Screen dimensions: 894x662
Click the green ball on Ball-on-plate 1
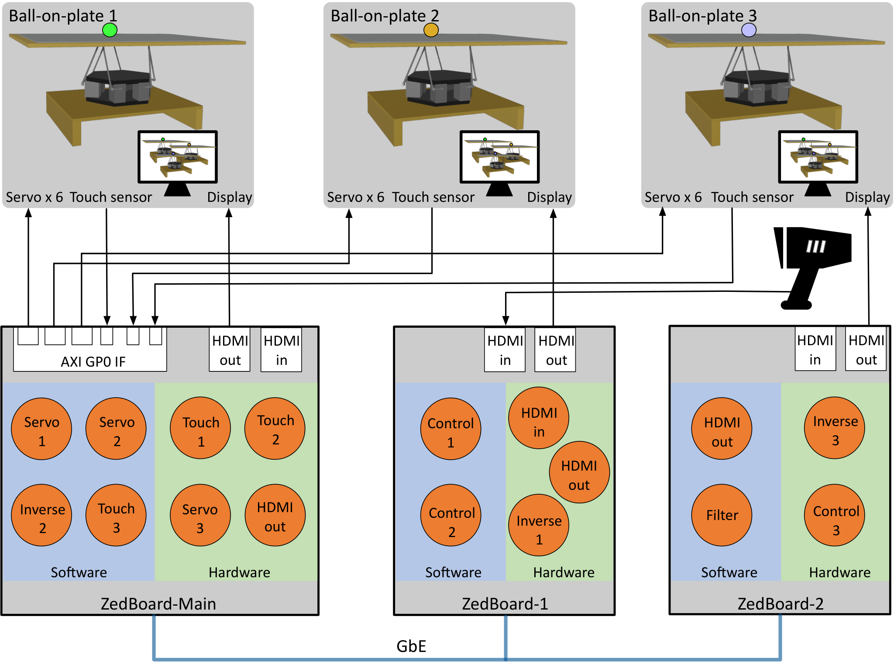pos(110,30)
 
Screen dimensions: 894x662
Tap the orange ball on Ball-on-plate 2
pos(431,30)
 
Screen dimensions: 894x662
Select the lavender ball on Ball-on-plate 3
pos(749,30)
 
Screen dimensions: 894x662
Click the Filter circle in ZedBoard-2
pos(722,515)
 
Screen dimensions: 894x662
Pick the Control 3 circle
pos(835,515)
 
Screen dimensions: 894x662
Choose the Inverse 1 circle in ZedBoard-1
pos(539,525)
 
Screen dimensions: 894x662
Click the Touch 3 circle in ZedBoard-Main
pos(116,515)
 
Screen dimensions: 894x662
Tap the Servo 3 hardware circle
pos(200,515)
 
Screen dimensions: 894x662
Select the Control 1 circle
pos(451,429)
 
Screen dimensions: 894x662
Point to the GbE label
pos(411,646)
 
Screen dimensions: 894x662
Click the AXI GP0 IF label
pos(93,361)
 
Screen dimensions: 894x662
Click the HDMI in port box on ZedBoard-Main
pos(281,350)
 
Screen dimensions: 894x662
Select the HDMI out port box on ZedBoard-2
pos(866,349)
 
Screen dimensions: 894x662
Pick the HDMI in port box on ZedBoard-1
pos(505,350)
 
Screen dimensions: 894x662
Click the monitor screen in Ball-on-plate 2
pos(500,157)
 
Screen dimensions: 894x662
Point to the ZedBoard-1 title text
pos(505,603)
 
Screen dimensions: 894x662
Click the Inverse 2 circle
pos(41,515)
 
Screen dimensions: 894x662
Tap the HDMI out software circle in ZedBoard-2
pos(722,428)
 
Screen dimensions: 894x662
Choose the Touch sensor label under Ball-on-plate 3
pos(752,197)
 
